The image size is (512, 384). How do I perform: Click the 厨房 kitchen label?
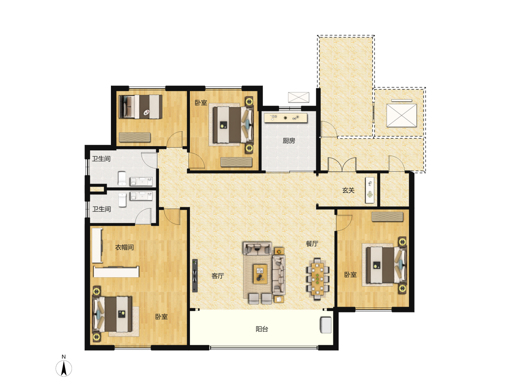tap(289, 141)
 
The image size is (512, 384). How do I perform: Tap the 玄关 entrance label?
tap(348, 190)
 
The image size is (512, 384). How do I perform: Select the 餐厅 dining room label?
tap(312, 244)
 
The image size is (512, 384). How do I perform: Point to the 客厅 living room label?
tap(218, 276)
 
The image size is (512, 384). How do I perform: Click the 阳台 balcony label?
tap(262, 329)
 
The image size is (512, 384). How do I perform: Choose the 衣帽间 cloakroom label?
tap(124, 247)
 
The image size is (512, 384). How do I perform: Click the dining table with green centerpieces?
tap(317, 279)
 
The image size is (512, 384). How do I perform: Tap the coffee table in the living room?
tap(260, 274)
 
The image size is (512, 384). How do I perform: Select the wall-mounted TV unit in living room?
tap(195, 276)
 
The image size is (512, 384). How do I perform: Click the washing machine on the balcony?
tap(325, 325)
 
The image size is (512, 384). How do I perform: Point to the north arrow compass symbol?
tap(64, 368)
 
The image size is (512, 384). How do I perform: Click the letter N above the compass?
tap(64, 357)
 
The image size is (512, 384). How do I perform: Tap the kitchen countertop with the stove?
tap(286, 118)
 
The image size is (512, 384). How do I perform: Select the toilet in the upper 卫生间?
tap(122, 178)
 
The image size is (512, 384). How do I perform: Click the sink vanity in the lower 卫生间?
tap(142, 196)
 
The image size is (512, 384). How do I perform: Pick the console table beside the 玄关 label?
tap(370, 190)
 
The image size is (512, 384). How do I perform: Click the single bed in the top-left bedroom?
tap(140, 107)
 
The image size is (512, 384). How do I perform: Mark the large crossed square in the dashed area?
tap(401, 116)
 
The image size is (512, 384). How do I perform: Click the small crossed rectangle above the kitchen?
tap(299, 97)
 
